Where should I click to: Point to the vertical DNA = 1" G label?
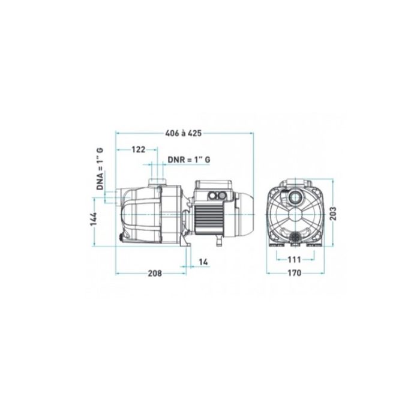[100, 170]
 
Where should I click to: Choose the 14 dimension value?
[204, 263]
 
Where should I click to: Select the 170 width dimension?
[294, 274]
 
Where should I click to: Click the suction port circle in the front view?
[295, 197]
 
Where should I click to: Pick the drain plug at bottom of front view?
[295, 238]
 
